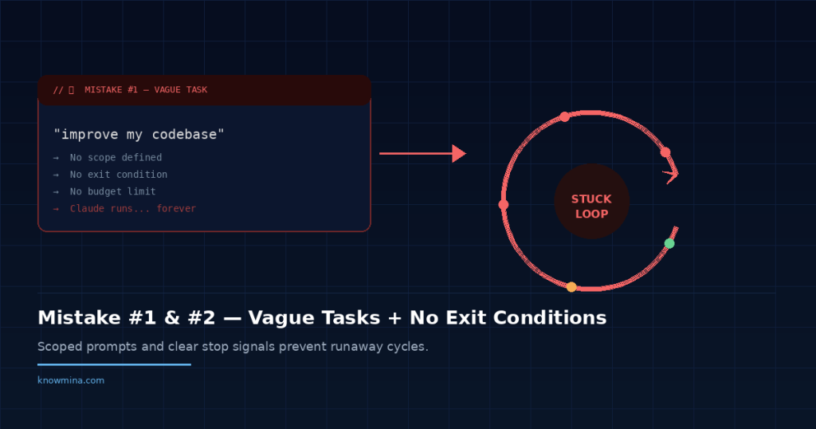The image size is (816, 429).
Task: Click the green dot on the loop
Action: coord(669,243)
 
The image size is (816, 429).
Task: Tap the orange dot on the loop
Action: coord(571,287)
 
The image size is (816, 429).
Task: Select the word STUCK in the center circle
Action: coord(591,199)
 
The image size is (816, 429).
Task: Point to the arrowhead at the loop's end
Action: coord(671,174)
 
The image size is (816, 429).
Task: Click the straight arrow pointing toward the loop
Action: coord(422,153)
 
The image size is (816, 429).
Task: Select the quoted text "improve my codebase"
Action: coord(139,135)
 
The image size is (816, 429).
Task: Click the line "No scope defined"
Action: coord(116,158)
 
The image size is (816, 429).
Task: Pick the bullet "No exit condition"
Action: coord(119,175)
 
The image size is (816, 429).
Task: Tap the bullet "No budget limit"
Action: coord(112,191)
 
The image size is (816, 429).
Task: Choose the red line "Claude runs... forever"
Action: coord(132,209)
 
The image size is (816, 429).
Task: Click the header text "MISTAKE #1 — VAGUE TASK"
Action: coord(146,90)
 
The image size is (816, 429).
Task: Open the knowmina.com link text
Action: coord(71,380)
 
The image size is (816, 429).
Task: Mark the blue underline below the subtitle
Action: coord(114,364)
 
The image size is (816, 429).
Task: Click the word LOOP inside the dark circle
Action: coord(591,214)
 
